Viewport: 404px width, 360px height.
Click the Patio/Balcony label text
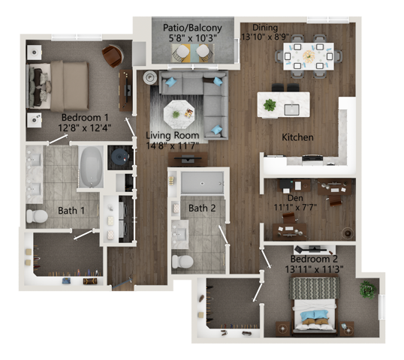click(182, 28)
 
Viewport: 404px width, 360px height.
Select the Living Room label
click(172, 135)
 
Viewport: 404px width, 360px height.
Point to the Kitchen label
click(297, 137)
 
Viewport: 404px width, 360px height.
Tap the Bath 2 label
click(202, 208)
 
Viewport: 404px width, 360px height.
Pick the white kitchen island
click(283, 103)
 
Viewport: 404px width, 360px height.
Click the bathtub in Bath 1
click(92, 166)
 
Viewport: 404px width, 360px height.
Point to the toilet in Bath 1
click(37, 217)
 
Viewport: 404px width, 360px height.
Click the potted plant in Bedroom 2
click(367, 289)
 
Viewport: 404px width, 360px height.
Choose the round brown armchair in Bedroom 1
click(112, 55)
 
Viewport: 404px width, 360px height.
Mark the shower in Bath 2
click(202, 182)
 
